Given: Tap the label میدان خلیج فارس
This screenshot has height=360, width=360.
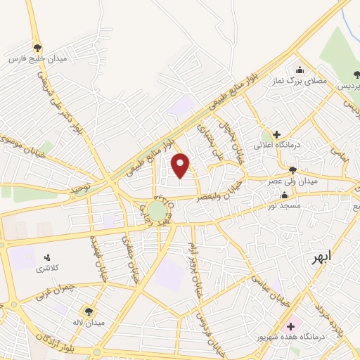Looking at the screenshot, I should [x=37, y=59].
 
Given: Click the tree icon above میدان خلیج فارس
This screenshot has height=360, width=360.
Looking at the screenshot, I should [x=37, y=47].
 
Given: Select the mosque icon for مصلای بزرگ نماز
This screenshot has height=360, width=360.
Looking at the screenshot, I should [x=300, y=70].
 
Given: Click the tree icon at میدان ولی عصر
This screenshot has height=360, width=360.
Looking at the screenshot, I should [x=292, y=169].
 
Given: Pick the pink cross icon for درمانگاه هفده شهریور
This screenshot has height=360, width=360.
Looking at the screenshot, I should [x=290, y=326].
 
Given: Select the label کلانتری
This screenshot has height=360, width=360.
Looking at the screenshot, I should [x=48, y=269].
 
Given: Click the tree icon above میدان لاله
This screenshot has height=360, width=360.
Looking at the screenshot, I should [x=89, y=310].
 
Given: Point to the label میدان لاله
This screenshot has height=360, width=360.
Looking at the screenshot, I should [x=90, y=322].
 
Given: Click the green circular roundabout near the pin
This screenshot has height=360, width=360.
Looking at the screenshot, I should [x=157, y=210].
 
